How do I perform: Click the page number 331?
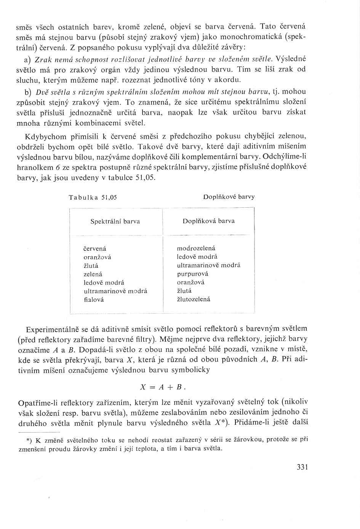tap(301, 467)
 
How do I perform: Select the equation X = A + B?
tap(163, 386)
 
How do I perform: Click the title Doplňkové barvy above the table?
tap(229, 197)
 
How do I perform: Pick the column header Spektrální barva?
tap(115, 221)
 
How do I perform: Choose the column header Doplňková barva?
tap(208, 221)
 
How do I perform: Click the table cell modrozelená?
tap(196, 248)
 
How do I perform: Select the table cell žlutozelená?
tap(194, 300)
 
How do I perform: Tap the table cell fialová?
tap(94, 300)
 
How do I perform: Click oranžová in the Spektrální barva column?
tap(97, 257)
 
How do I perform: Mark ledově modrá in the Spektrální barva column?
tap(104, 283)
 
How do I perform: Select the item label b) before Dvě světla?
tap(27, 92)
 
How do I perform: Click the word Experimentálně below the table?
tap(52, 329)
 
